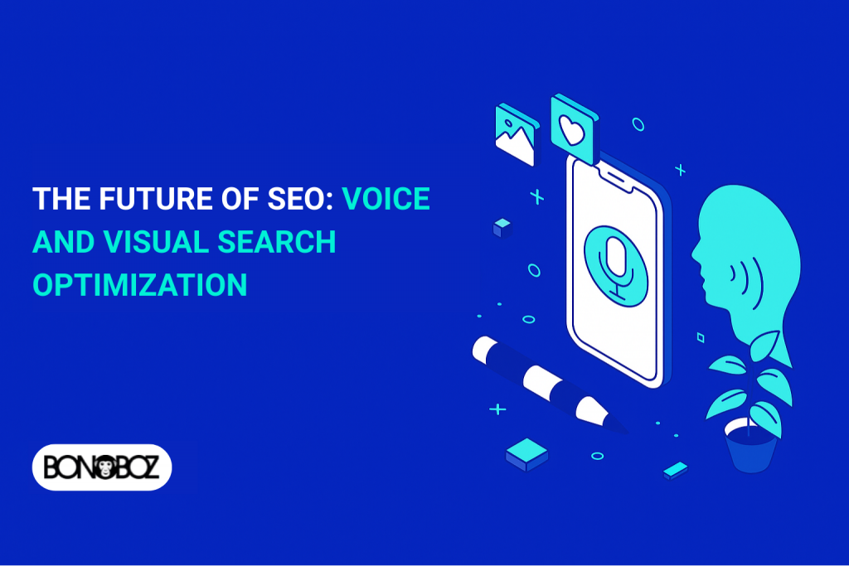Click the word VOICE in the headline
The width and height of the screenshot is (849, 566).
[386, 200]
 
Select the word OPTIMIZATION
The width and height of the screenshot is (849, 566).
[139, 285]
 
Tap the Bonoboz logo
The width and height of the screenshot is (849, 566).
[101, 466]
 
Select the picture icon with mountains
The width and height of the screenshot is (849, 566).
[514, 133]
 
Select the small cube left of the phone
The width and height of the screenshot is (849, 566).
[501, 226]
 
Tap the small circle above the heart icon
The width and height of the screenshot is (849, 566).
[638, 124]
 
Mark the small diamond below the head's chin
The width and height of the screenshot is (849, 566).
[701, 337]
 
